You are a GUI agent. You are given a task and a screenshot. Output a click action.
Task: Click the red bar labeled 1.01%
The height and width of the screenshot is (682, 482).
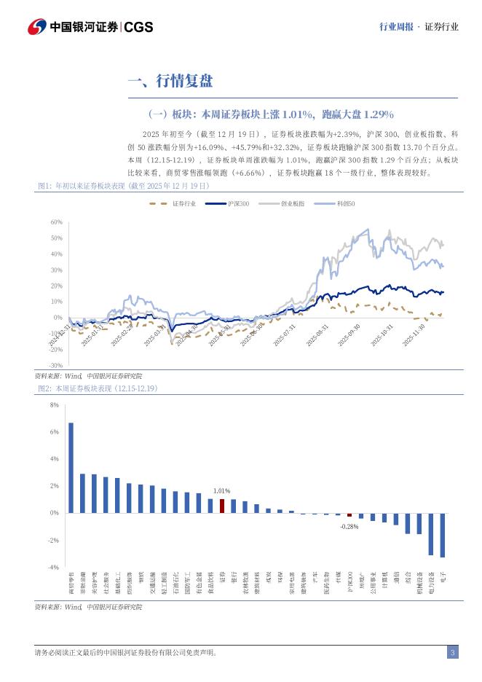pyautogui.click(x=222, y=506)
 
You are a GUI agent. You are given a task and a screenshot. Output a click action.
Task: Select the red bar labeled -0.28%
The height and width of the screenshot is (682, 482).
pyautogui.click(x=349, y=514)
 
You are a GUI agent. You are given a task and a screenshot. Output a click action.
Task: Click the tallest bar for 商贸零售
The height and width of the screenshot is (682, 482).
pyautogui.click(x=71, y=467)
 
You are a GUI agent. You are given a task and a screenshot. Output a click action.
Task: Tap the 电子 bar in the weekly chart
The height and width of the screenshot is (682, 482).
pyautogui.click(x=442, y=535)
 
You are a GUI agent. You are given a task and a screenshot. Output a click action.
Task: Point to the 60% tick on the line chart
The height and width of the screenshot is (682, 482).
pyautogui.click(x=57, y=222)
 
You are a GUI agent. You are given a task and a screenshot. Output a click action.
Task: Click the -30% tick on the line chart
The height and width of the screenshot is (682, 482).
pyautogui.click(x=56, y=365)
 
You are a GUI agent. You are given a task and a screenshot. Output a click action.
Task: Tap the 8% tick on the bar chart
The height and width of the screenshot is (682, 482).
pyautogui.click(x=55, y=404)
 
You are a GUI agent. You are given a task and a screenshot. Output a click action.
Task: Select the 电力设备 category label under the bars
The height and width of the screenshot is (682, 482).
pyautogui.click(x=431, y=583)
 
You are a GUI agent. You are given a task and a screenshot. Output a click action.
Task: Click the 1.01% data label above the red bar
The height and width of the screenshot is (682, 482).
pyautogui.click(x=221, y=491)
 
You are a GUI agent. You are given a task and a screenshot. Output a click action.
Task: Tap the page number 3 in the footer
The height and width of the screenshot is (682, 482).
pyautogui.click(x=453, y=652)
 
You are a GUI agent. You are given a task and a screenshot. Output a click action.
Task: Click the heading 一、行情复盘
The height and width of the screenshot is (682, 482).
pyautogui.click(x=170, y=81)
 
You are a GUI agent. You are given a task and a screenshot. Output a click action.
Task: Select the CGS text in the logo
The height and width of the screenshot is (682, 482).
pyautogui.click(x=138, y=27)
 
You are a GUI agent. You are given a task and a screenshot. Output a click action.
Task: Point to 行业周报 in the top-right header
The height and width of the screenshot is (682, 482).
pyautogui.click(x=396, y=26)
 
